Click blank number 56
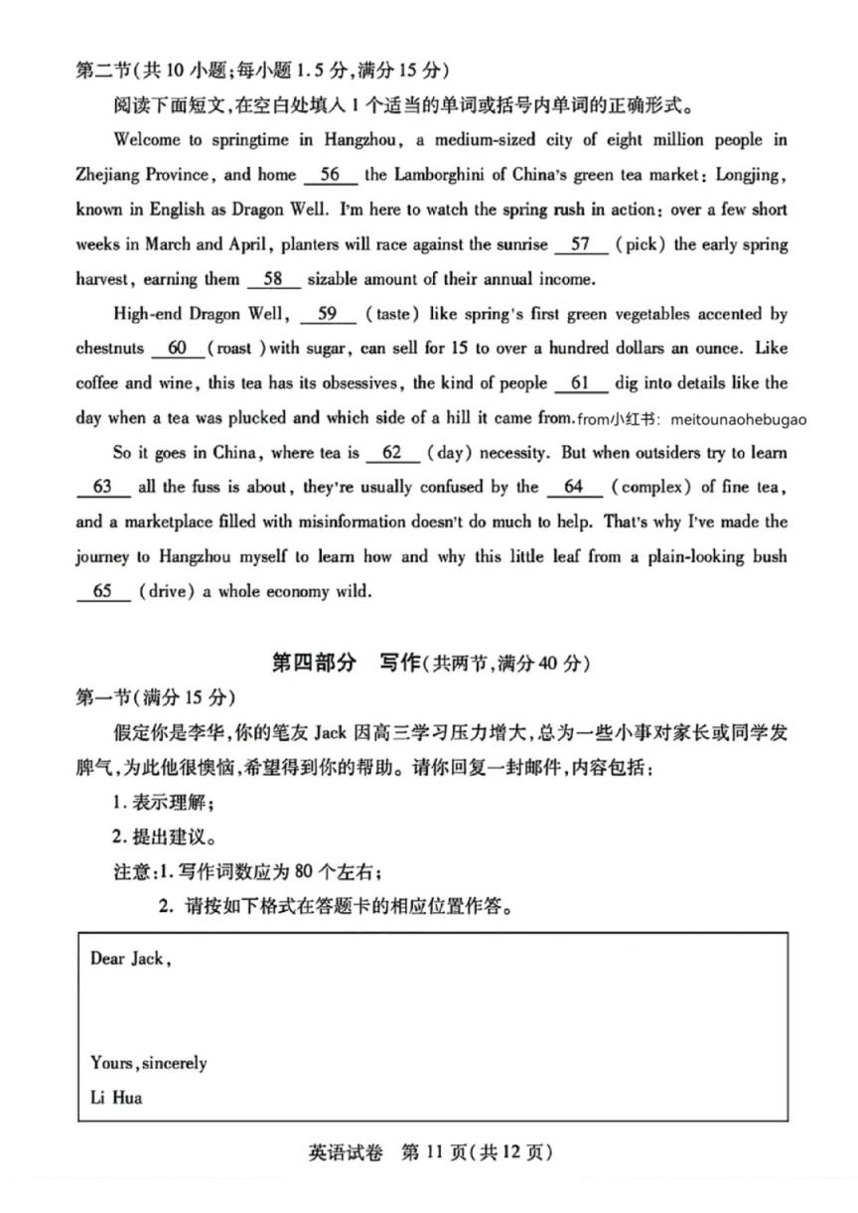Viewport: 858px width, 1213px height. pyautogui.click(x=331, y=175)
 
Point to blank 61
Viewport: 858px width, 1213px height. pyautogui.click(x=581, y=383)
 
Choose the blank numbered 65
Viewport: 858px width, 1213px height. pyautogui.click(x=102, y=591)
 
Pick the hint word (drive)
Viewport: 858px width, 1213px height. pyautogui.click(x=166, y=591)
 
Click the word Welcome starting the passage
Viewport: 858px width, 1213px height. pyautogui.click(x=148, y=140)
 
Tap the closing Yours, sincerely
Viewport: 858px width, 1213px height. pyautogui.click(x=148, y=1063)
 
